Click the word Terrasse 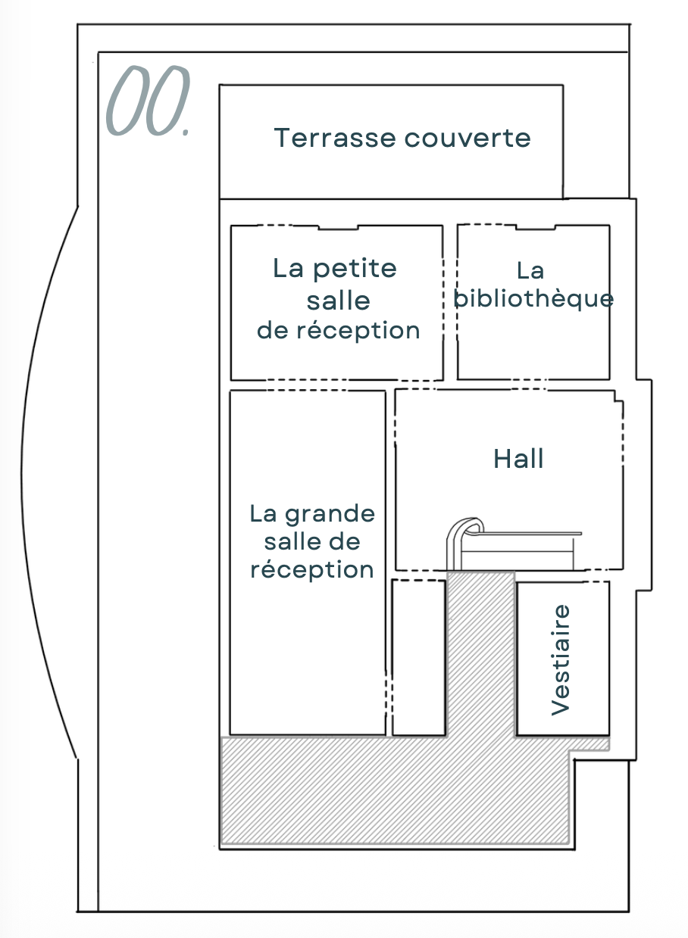(x=334, y=139)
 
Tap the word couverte (x=467, y=139)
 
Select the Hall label (x=519, y=459)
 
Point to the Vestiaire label (x=560, y=659)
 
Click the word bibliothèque (x=533, y=298)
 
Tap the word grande (x=330, y=515)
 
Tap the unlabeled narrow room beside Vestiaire (x=418, y=657)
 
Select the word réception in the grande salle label (x=312, y=569)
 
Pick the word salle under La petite (x=339, y=301)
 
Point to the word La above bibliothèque (x=530, y=270)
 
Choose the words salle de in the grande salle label (x=312, y=542)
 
